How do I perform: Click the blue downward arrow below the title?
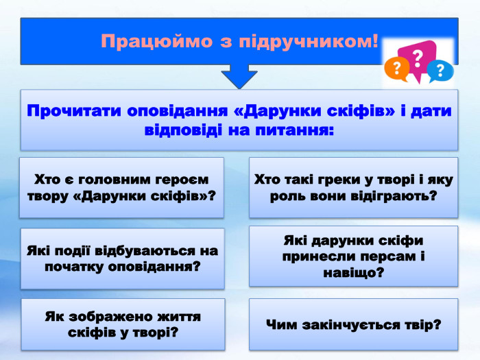pos(239,76)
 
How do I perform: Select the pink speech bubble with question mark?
pos(420,55)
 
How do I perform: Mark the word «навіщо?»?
pos(352,272)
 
